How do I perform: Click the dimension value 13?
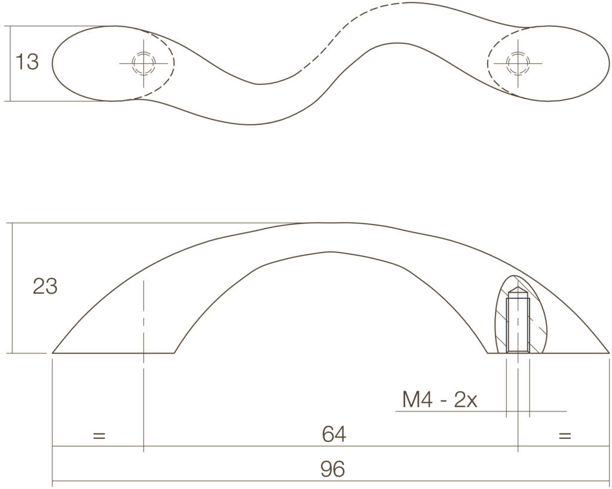point(27,62)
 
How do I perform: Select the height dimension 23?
point(45,286)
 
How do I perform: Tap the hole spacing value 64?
point(333,434)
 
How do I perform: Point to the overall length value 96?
point(332,469)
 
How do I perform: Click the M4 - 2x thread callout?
point(439,399)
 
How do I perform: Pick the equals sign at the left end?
point(99,436)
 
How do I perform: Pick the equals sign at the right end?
point(565,436)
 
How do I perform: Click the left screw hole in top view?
point(143,63)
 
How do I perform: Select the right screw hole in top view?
point(518,63)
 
